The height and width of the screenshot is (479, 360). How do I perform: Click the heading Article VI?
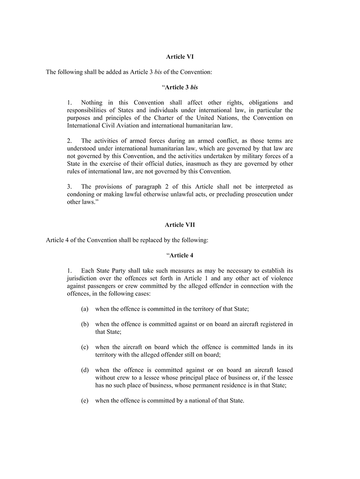tap(180, 57)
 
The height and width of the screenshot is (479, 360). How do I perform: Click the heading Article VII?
tap(180, 224)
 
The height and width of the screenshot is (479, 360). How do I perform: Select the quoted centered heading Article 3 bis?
tap(180, 87)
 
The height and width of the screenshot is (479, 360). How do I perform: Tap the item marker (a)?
tap(85, 309)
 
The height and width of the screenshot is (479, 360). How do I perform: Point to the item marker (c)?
tap(85, 347)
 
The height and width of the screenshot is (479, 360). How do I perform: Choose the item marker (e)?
tap(85, 401)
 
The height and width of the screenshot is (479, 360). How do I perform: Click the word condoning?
tap(82, 194)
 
